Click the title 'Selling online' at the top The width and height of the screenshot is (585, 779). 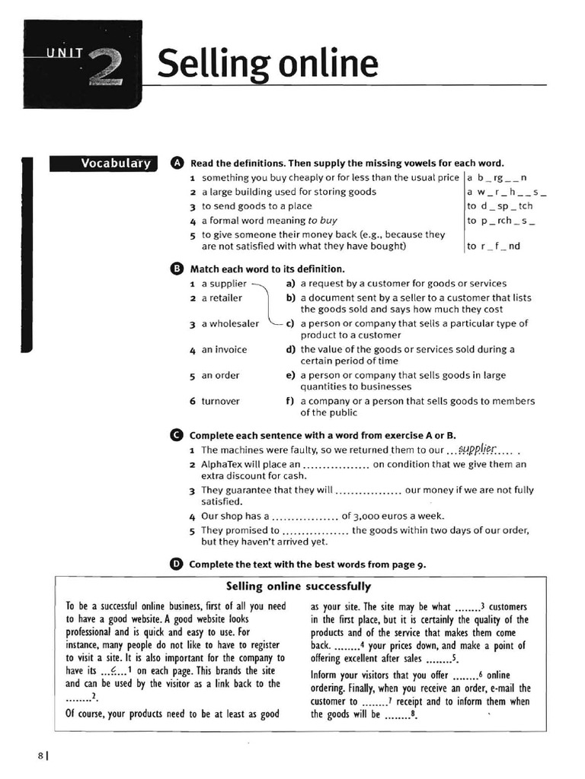[x=267, y=64]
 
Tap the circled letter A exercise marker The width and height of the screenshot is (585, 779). [x=177, y=163]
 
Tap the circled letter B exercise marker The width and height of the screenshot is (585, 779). [x=177, y=269]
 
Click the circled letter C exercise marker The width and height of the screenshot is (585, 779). [x=177, y=435]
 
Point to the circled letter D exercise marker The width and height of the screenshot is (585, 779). [x=177, y=564]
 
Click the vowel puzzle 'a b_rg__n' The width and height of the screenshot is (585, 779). [x=497, y=177]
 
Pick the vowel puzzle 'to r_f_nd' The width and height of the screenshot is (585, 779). [x=494, y=246]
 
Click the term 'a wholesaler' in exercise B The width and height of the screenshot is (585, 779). [x=230, y=323]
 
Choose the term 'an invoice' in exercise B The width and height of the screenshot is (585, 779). [x=224, y=350]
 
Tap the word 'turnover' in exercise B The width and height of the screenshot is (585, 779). [x=220, y=401]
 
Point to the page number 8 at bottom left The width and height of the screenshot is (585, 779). [x=40, y=755]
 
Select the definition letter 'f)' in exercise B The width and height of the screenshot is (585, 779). [x=291, y=401]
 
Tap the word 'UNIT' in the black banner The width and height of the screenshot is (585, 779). [x=63, y=52]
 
